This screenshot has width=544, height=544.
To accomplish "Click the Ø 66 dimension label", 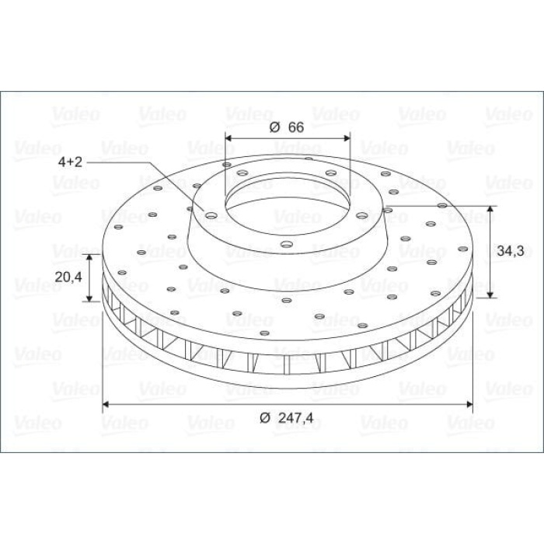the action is coord(287,127).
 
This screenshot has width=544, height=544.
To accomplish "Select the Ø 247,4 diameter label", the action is coord(286,418).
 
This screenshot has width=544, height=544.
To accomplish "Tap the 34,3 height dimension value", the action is coord(511,250).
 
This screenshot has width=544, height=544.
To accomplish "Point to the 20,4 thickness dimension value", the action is coord(68,277).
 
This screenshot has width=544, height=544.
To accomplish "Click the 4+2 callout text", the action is coord(71,162).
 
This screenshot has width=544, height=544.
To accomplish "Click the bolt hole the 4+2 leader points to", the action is coord(211,215).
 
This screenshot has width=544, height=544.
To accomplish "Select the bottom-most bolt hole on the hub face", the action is coord(287,244).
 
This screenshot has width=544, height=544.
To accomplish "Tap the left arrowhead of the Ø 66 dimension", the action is coord(228,138).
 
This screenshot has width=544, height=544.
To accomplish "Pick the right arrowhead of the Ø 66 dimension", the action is coord(347,138).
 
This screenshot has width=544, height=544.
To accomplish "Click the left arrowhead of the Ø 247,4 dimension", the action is coord(106,404).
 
